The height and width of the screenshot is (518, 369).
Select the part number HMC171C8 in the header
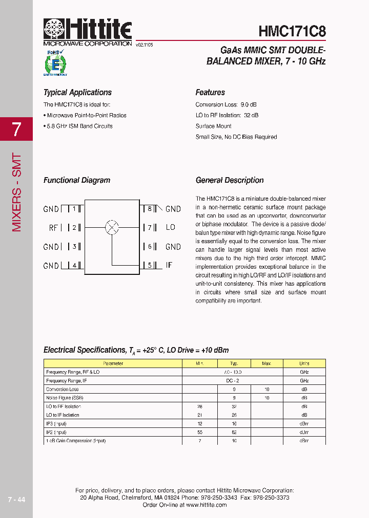point(292,31)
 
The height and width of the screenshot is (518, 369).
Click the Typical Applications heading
point(77,93)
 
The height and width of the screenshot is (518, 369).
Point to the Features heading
point(210,93)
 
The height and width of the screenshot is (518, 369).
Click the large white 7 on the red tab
point(16,129)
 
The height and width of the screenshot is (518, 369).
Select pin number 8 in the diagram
point(150,208)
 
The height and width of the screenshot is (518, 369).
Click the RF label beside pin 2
point(54,228)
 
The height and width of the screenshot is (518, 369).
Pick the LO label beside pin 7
point(171,227)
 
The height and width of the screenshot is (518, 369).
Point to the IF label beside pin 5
point(169,265)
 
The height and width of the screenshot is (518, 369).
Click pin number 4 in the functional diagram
point(74,265)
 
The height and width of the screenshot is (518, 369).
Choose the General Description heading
point(230,180)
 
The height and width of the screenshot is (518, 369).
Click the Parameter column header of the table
point(113,363)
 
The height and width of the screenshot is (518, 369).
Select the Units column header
point(304,363)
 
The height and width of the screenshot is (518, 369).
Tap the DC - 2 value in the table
point(233,381)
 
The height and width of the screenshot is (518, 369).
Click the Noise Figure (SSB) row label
point(65,398)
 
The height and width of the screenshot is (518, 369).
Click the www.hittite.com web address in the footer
point(206,505)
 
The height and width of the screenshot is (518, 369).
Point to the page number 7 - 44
point(16,500)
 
